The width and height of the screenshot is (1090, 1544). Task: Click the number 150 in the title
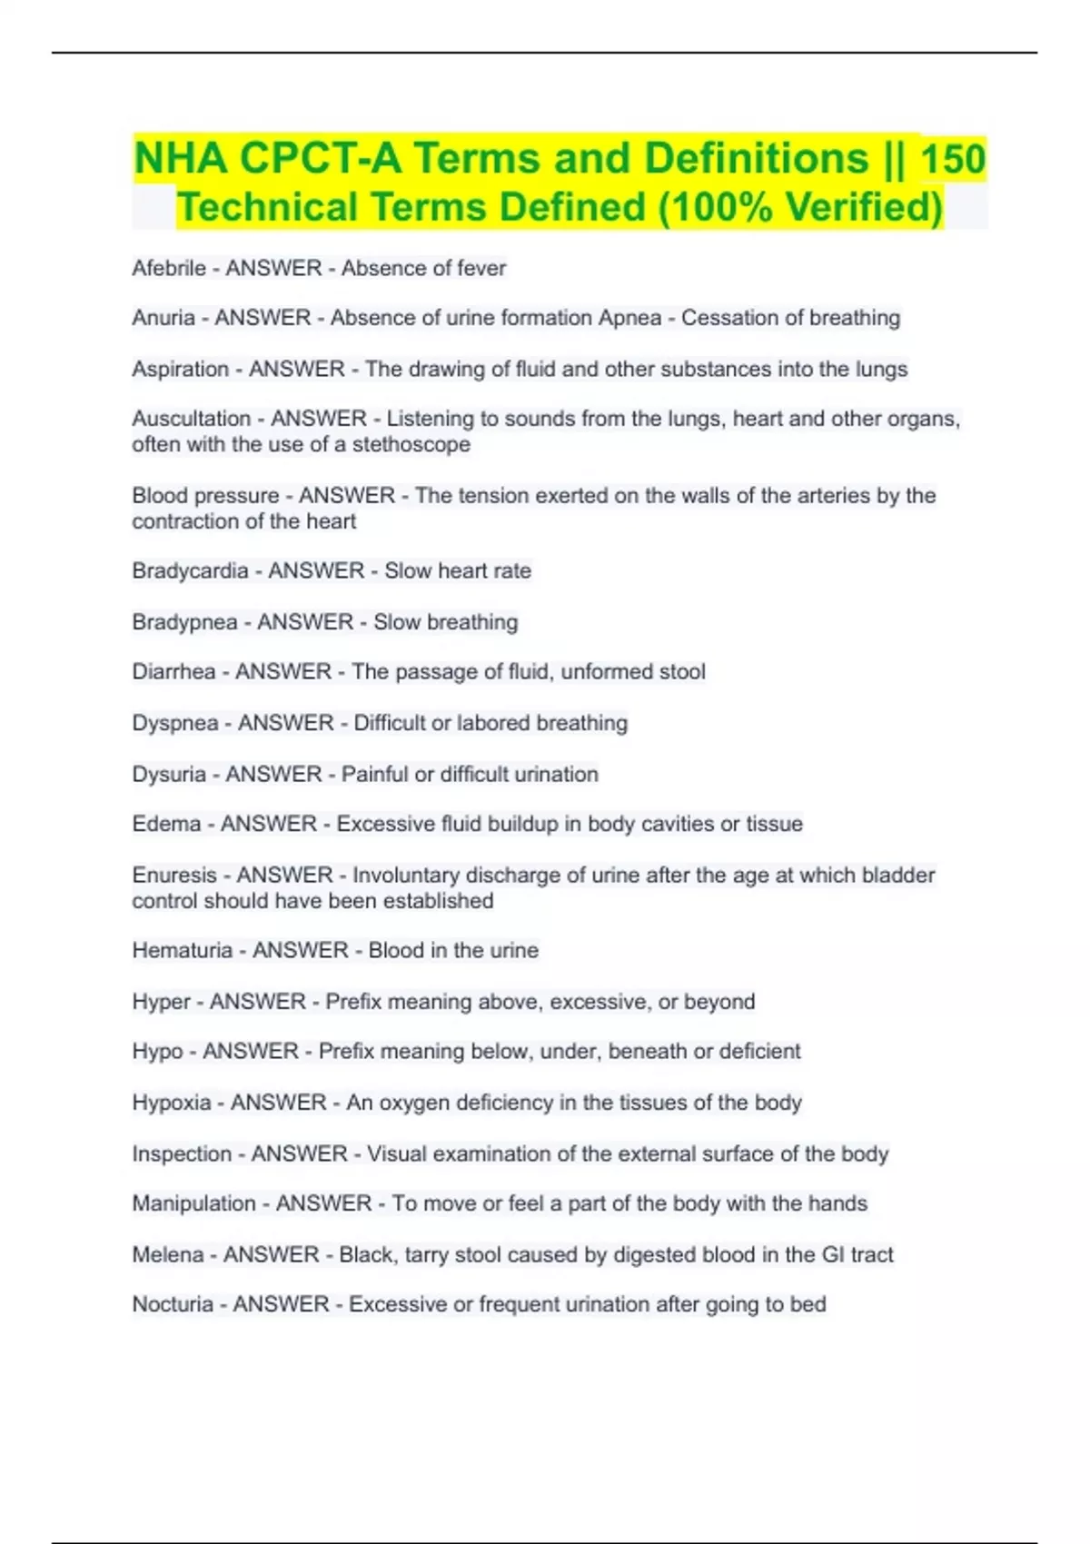click(953, 159)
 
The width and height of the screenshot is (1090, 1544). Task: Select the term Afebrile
click(169, 268)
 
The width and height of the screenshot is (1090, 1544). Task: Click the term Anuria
click(163, 318)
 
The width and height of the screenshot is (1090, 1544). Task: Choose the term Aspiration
click(180, 369)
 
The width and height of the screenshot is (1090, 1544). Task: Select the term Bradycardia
click(190, 570)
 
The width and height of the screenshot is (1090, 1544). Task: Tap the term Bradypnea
click(184, 622)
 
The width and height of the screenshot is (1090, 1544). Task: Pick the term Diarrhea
click(173, 671)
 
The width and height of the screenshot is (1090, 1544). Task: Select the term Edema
click(166, 824)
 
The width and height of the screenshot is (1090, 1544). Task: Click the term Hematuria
click(183, 950)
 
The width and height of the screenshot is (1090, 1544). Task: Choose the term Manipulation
click(193, 1203)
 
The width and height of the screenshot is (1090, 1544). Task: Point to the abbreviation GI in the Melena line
click(833, 1254)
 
